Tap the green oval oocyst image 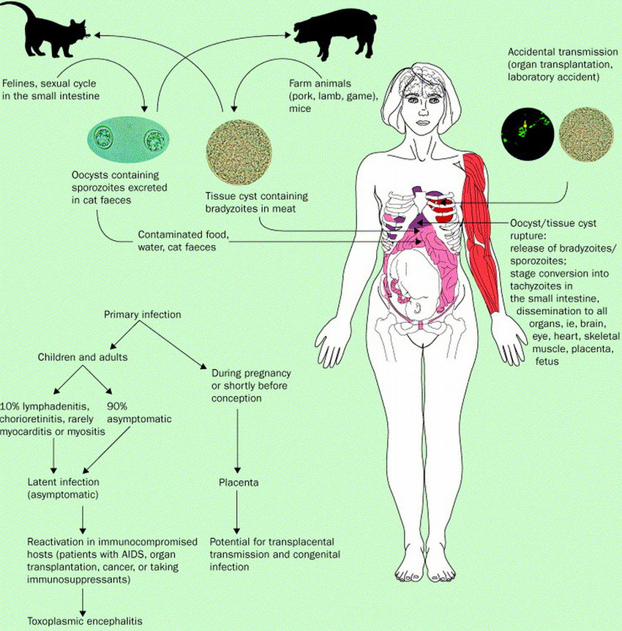pyautogui.click(x=128, y=138)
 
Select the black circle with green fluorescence pyautogui.click(x=528, y=134)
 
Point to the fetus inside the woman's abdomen pyautogui.click(x=413, y=286)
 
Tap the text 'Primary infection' pyautogui.click(x=143, y=314)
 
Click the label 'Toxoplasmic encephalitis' pyautogui.click(x=85, y=621)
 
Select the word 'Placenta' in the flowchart pyautogui.click(x=239, y=482)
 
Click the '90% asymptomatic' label pyautogui.click(x=139, y=412)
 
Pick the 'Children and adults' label pyautogui.click(x=83, y=357)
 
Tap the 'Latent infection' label pyautogui.click(x=63, y=482)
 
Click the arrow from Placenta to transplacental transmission pyautogui.click(x=237, y=512)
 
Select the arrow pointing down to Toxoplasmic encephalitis pyautogui.click(x=83, y=602)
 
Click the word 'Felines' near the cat pyautogui.click(x=20, y=83)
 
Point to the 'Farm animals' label pyautogui.click(x=320, y=83)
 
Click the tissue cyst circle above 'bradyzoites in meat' pyautogui.click(x=239, y=152)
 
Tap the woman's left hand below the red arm pyautogui.click(x=510, y=338)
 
